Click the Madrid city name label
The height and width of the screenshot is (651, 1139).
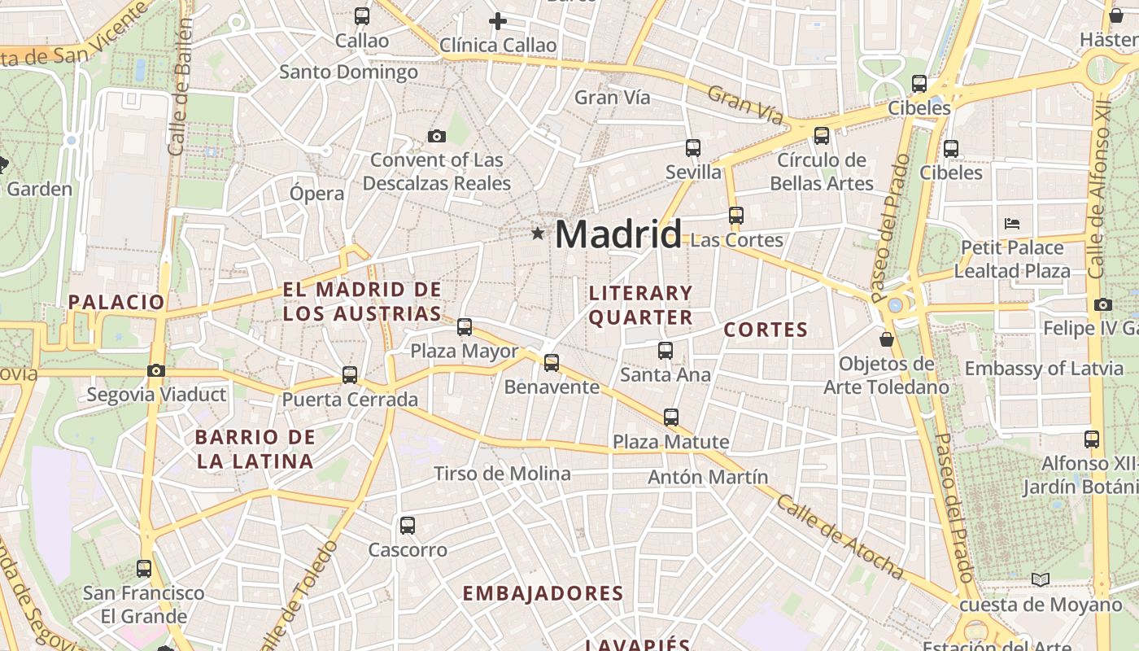(x=618, y=235)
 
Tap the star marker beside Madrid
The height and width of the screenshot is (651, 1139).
(x=537, y=234)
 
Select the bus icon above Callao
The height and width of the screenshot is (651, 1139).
(x=362, y=15)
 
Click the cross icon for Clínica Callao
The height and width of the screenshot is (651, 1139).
(x=498, y=20)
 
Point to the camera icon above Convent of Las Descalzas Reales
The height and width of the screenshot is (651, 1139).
(x=437, y=136)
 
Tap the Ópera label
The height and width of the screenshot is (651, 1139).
(x=317, y=194)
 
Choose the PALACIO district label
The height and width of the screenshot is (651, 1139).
(x=116, y=302)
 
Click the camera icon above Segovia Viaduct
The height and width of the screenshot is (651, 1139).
(x=156, y=370)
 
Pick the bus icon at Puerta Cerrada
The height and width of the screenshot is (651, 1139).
(x=350, y=374)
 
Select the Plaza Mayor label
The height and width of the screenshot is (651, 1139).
(x=464, y=352)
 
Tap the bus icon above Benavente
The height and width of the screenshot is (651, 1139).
(x=552, y=362)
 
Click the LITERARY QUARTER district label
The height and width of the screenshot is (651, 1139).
(x=641, y=305)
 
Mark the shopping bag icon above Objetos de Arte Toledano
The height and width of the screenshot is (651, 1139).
(x=887, y=339)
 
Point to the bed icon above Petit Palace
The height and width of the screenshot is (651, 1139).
(x=1012, y=223)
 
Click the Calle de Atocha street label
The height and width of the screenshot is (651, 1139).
(x=840, y=536)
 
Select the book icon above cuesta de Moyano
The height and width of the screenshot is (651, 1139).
(x=1040, y=579)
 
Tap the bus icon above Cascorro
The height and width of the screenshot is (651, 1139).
(x=408, y=526)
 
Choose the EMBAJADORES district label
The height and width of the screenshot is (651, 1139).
(x=543, y=593)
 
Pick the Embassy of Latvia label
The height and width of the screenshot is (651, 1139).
(x=1044, y=369)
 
